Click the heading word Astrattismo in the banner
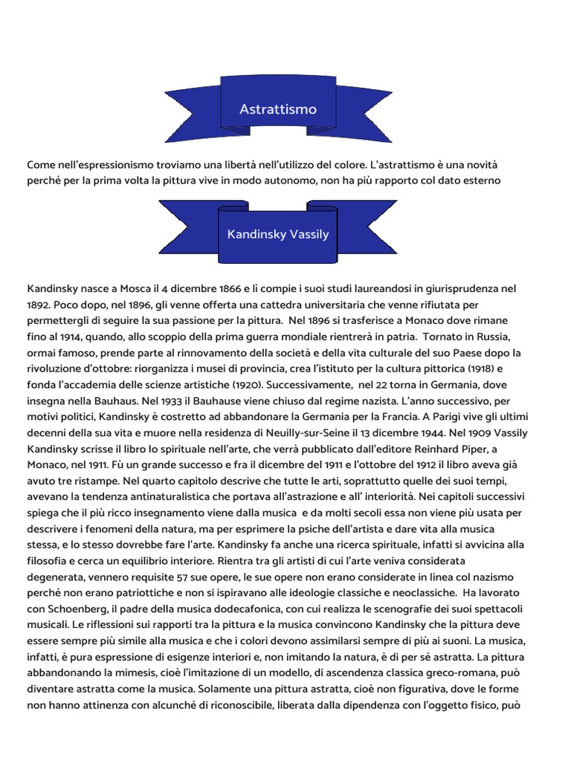[278, 109]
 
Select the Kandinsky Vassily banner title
[278, 234]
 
